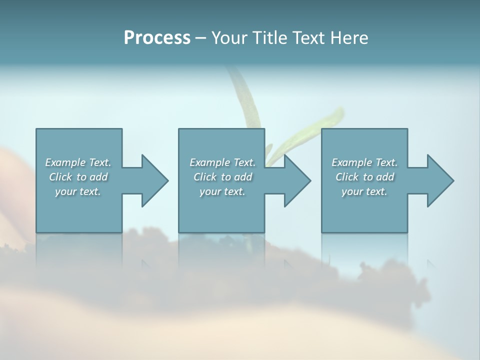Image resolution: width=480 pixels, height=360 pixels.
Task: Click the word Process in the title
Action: pos(157,38)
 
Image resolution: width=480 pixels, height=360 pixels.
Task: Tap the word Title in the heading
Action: pos(270,38)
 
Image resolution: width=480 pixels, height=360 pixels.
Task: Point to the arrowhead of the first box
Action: pos(153,180)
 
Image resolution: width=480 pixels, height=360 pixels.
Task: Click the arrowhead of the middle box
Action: pos(296,180)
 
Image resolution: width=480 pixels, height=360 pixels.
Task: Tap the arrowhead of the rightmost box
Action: pos(439,180)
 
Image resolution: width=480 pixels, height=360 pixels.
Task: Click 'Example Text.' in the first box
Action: pos(78,162)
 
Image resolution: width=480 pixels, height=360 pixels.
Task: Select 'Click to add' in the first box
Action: pos(78,177)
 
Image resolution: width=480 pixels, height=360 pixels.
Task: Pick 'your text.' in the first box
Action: pos(78,191)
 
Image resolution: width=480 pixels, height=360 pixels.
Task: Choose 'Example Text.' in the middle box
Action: pos(222,162)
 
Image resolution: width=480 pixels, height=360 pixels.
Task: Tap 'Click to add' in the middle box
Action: pos(222,177)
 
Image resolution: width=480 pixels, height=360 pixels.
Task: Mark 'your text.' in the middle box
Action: pos(222,191)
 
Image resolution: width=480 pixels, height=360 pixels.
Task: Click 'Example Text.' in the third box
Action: pos(364,162)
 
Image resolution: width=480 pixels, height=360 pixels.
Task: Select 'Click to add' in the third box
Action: pos(364,177)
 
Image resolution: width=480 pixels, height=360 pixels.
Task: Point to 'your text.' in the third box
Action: pos(364,191)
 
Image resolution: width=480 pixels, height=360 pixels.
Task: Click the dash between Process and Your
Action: pos(200,38)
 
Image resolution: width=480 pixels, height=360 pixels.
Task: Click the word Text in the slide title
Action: pos(307,38)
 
